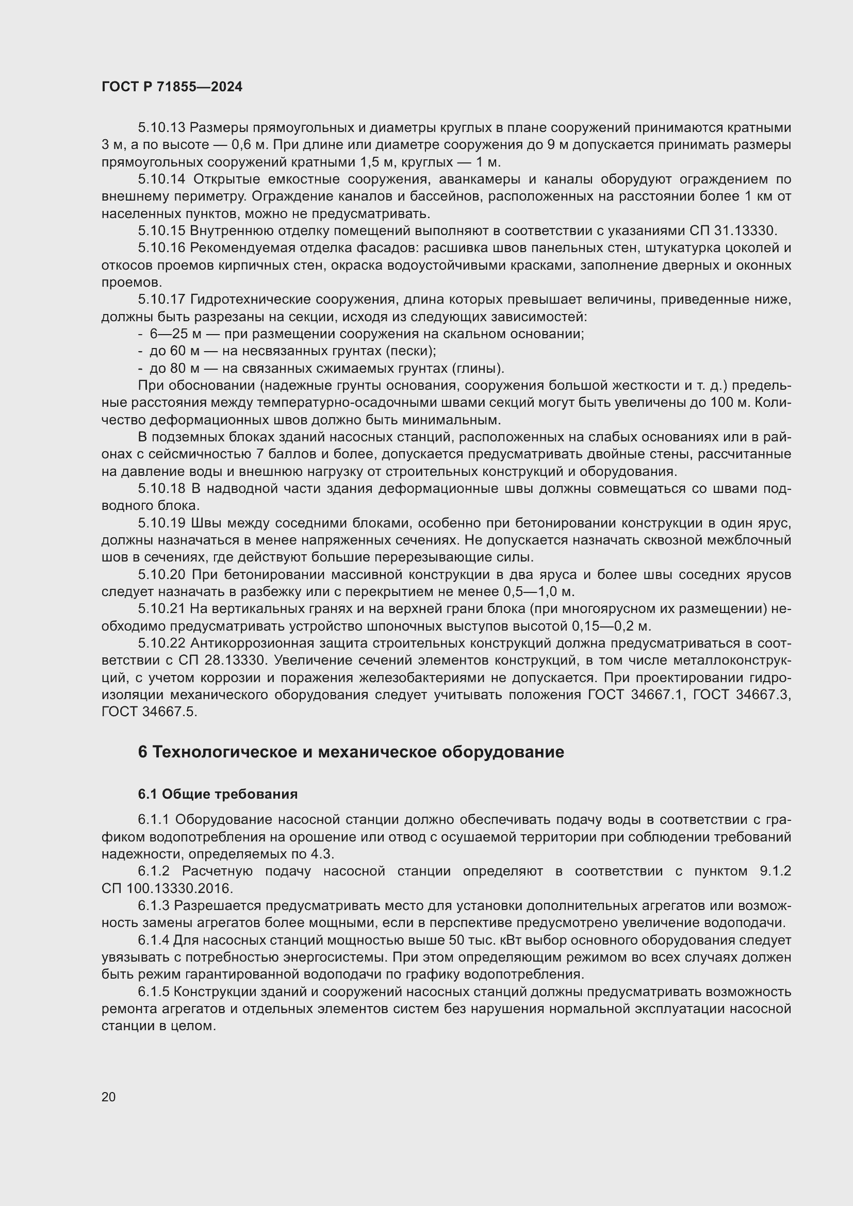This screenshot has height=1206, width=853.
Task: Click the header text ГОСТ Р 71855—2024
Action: click(172, 87)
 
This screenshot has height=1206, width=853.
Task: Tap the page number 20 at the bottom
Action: click(108, 1097)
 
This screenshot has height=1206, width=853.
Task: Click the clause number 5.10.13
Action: click(161, 128)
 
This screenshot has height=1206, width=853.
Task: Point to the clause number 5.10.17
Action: click(161, 300)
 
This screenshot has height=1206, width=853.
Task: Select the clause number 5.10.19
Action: click(161, 523)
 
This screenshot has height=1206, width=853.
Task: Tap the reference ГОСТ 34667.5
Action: click(149, 712)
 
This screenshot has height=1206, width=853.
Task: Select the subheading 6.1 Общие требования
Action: click(218, 794)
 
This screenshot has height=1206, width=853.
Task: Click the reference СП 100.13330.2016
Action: click(167, 889)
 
